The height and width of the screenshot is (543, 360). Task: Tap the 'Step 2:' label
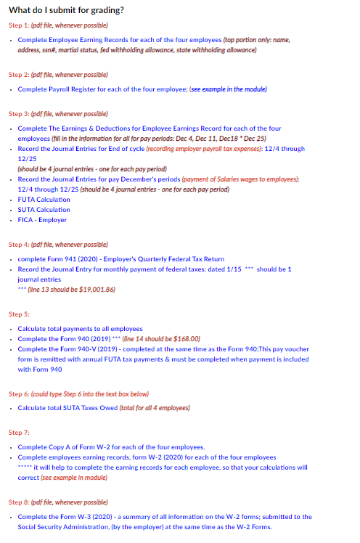[x=17, y=75]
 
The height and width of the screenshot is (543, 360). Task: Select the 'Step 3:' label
[x=17, y=114]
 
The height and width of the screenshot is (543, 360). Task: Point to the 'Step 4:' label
[x=17, y=245]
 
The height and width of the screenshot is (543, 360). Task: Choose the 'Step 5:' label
[x=17, y=314]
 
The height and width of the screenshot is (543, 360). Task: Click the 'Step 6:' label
[x=17, y=393]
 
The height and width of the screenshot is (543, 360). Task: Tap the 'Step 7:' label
[x=17, y=433]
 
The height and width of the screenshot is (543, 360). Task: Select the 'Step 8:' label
[x=17, y=502]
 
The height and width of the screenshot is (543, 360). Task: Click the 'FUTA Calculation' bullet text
[x=44, y=199]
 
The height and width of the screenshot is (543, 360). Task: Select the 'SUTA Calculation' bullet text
[x=44, y=210]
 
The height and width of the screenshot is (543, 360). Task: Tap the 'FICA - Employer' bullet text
[x=42, y=220]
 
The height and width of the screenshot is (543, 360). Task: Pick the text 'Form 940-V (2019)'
[x=86, y=349]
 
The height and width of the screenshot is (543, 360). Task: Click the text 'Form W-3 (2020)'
[x=86, y=517]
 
